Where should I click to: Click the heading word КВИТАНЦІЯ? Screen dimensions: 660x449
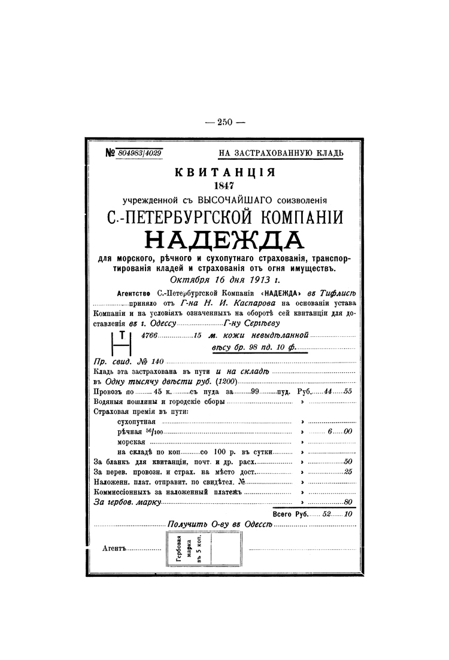point(224,173)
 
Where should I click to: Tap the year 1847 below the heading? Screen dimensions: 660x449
point(224,186)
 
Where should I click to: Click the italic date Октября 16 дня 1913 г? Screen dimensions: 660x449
point(224,279)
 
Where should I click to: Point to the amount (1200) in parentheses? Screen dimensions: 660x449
point(228,381)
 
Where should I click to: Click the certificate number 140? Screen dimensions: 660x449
point(156,362)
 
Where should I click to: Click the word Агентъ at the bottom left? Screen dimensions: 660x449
point(115,548)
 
